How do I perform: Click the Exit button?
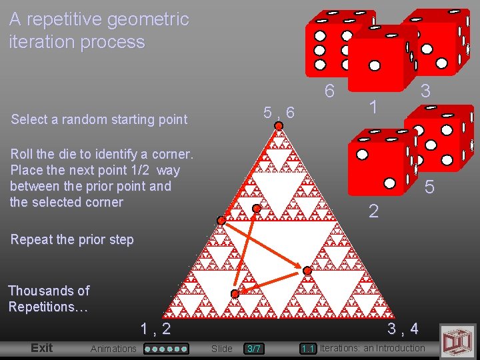coord(41,347)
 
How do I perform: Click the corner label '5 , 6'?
coord(279,113)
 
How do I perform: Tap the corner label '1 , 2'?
coord(155,328)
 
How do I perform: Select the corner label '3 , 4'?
coord(403,328)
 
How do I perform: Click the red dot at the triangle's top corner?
coord(279,125)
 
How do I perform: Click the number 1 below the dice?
coord(375,106)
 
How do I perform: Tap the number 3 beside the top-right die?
coord(425,90)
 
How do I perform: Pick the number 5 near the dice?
coord(429,188)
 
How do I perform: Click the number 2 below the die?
coord(374,211)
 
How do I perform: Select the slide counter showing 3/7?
coord(254,348)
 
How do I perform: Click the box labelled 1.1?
coord(307,348)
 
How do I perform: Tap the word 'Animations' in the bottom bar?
coord(113,348)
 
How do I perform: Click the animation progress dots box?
coord(167,348)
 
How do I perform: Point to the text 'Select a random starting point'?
coord(99,119)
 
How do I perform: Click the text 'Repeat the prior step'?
coord(72,239)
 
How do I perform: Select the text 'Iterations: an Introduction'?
coord(372,348)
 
